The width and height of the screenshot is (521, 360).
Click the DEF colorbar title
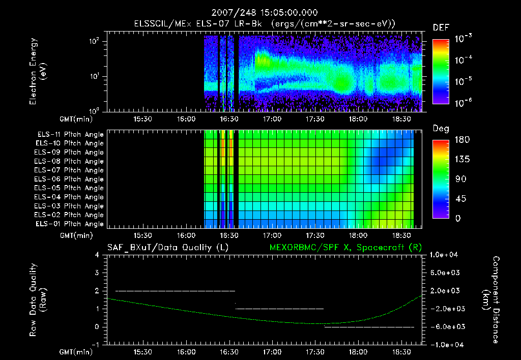click(441, 28)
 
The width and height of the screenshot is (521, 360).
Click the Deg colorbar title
click(441, 128)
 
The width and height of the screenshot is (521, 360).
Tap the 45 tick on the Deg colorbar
click(459, 199)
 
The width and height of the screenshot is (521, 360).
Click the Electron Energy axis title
click(38, 73)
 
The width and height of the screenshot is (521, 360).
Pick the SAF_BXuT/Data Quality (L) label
click(167, 248)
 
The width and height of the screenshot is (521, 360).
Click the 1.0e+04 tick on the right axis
click(445, 255)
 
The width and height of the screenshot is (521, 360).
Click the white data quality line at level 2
click(176, 291)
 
